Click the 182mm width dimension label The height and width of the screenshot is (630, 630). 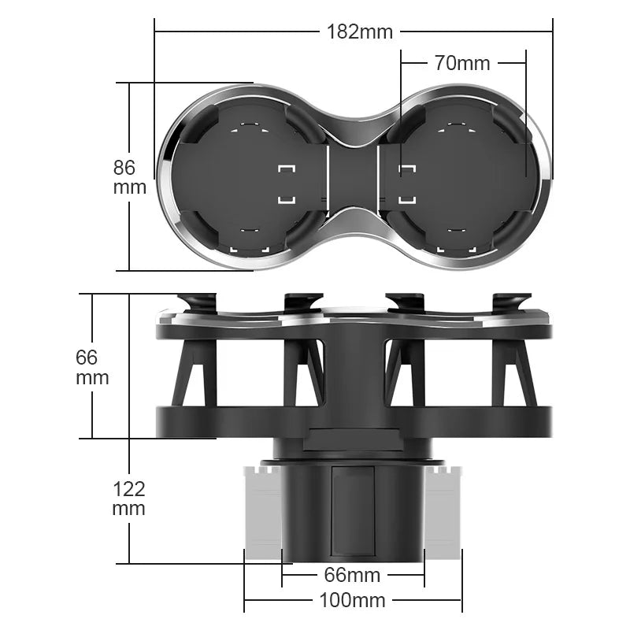359,31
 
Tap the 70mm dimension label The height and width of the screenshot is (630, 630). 461,63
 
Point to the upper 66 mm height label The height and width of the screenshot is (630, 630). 92,367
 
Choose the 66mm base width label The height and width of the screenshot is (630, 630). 353,576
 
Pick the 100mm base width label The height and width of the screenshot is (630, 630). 352,601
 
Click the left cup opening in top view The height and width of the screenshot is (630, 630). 244,177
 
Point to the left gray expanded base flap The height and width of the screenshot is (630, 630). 262,512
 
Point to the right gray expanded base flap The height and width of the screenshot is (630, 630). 443,512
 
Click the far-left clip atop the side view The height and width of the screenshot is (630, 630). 197,302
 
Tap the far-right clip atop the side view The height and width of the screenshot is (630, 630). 511,302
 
